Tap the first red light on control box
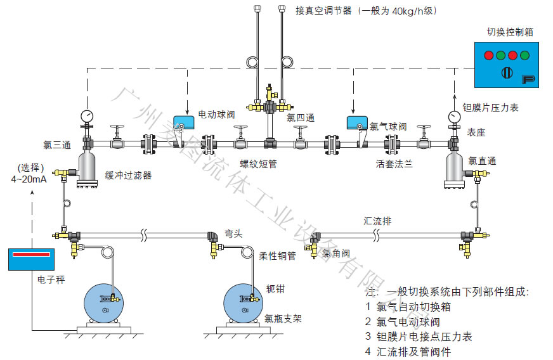pyautogui.click(x=488, y=55)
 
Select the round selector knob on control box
pyautogui.click(x=507, y=72)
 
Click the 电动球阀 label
pyautogui.click(x=217, y=115)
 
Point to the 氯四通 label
pyautogui.click(x=301, y=118)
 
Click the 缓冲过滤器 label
pyautogui.click(x=128, y=175)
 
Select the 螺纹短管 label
pyautogui.click(x=258, y=164)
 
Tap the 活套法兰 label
pyautogui.click(x=394, y=164)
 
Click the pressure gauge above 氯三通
pyautogui.click(x=87, y=116)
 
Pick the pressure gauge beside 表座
pyautogui.click(x=453, y=117)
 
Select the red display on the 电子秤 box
pyautogui.click(x=31, y=255)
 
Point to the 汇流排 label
pyautogui.click(x=377, y=221)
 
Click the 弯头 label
pyautogui.click(x=234, y=233)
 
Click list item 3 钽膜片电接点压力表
pyautogui.click(x=419, y=337)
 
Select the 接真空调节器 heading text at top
pyautogui.click(x=366, y=11)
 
